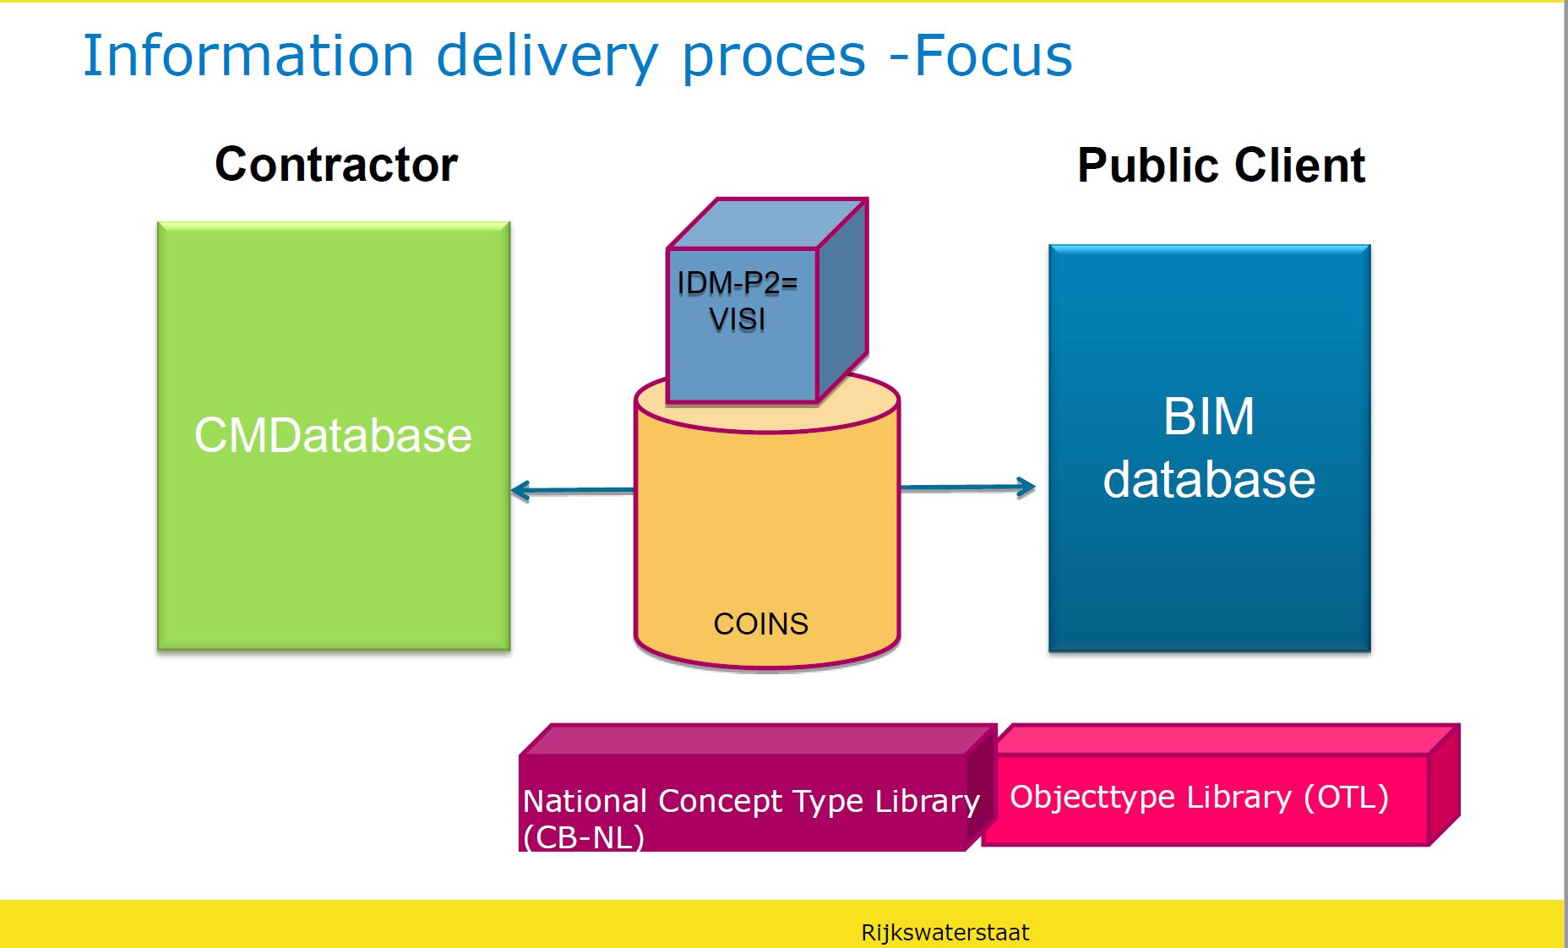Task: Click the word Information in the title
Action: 248,56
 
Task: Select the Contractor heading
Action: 335,164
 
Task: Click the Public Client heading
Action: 1221,165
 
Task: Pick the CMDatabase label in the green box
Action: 333,435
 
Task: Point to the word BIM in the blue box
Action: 1208,416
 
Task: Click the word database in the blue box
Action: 1208,479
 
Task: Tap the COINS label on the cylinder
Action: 760,624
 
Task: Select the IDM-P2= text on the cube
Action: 737,283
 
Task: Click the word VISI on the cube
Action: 737,319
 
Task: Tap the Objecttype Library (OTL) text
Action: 1198,797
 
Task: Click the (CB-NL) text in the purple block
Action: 583,837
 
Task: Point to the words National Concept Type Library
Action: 750,800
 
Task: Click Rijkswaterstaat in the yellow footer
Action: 945,933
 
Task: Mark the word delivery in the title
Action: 547,56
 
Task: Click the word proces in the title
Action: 773,57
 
